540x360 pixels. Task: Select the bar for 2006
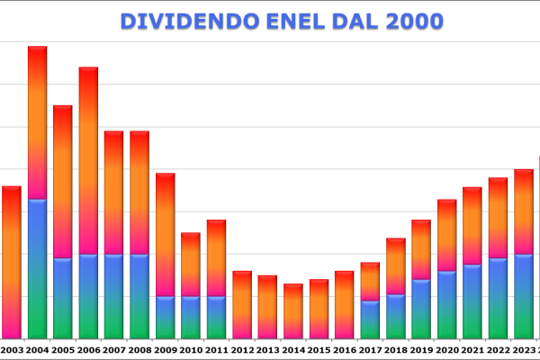[x=88, y=202]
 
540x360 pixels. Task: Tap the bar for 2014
[x=293, y=310]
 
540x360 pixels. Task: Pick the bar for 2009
[x=165, y=256]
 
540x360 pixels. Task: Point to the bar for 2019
[x=421, y=279]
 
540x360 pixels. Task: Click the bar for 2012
[x=242, y=304]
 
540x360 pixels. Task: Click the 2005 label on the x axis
[x=62, y=349]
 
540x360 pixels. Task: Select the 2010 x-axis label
[x=191, y=349]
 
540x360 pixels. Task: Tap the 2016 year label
[x=345, y=349]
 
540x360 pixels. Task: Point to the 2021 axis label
[x=472, y=349]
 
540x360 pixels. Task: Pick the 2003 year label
[x=12, y=349]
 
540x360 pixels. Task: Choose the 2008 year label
[x=139, y=349]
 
